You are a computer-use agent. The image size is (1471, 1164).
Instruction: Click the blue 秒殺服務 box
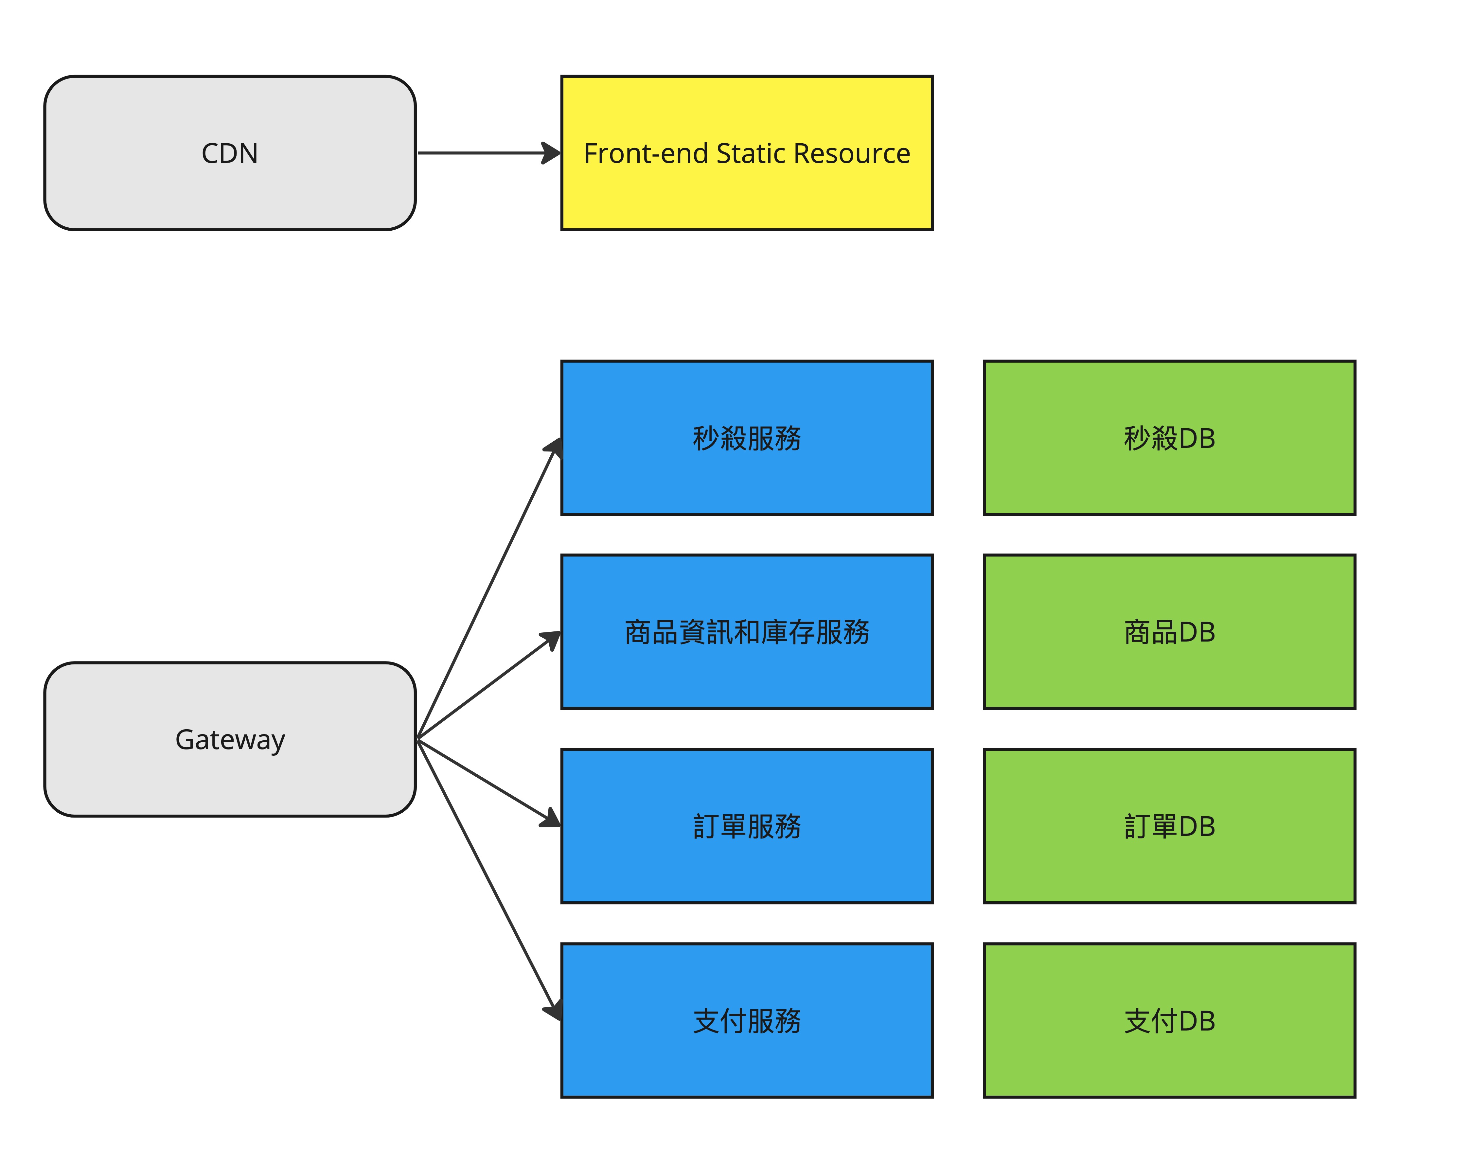tap(746, 437)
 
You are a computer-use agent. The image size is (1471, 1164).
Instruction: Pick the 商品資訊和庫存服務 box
tap(746, 632)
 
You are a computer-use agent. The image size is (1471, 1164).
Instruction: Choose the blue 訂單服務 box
tap(746, 826)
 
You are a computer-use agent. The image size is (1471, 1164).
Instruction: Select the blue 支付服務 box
tap(746, 1020)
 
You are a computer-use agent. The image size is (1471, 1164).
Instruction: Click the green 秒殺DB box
tap(1169, 437)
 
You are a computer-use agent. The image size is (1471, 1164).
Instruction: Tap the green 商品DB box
tap(1169, 632)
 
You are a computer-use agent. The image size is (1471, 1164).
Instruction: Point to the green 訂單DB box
tap(1169, 826)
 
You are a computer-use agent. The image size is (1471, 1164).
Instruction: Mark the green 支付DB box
tap(1169, 1020)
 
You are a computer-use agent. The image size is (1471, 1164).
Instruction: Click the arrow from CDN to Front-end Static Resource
tap(489, 153)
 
